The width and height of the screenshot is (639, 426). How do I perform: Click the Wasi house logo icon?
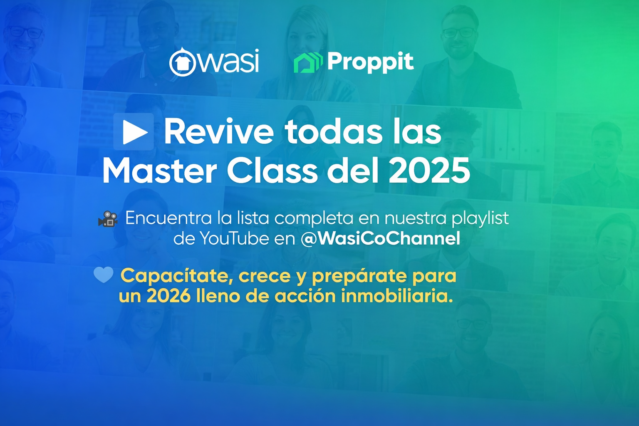tap(182, 62)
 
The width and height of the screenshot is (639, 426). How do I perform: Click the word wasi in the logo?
tap(228, 61)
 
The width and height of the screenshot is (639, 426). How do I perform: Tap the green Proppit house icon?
tap(308, 63)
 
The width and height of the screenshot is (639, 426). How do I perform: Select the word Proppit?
tap(370, 63)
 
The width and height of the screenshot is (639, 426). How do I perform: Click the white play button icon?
tap(134, 132)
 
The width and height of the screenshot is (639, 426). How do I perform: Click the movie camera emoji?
tap(108, 219)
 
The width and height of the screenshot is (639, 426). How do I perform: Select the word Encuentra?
tap(168, 218)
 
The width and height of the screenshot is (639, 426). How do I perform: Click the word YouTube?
tap(234, 238)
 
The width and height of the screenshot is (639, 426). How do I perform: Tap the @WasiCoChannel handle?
tap(381, 238)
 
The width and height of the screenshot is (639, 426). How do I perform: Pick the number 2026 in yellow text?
tap(169, 297)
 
